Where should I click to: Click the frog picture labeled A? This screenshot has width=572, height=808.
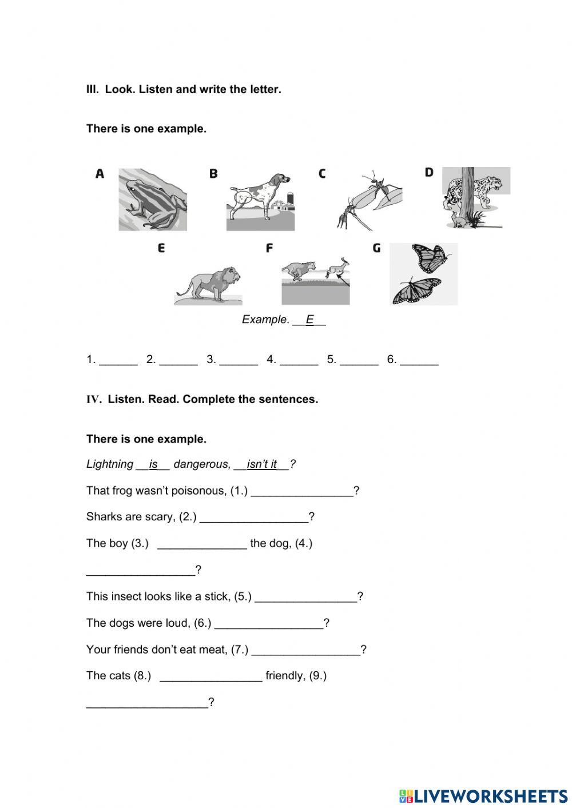pos(152,200)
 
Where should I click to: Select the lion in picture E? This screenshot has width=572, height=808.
pos(209,282)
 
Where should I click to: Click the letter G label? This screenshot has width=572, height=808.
pos(376,248)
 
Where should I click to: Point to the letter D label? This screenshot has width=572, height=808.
pos(429,172)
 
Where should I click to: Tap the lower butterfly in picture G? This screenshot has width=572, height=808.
pos(416,290)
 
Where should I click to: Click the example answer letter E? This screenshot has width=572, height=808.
pos(309,320)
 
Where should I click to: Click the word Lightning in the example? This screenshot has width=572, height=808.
pos(109,464)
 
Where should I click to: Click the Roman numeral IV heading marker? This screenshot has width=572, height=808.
pos(93,400)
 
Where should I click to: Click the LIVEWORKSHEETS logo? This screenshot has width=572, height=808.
pos(483,796)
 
